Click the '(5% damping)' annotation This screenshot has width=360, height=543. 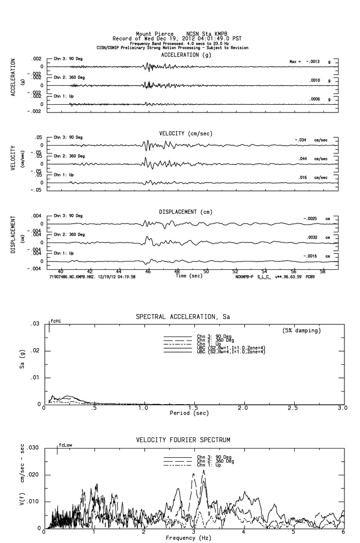302,331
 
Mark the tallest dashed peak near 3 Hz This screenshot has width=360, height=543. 203,471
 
